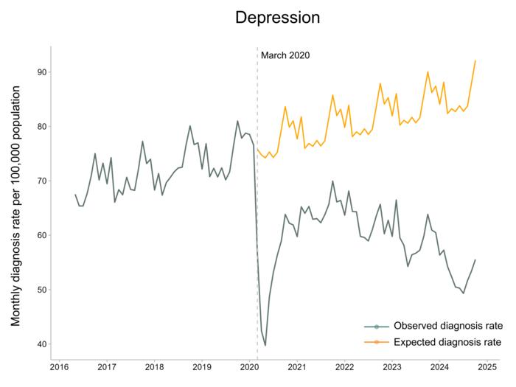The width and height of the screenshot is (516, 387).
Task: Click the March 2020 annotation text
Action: [285, 55]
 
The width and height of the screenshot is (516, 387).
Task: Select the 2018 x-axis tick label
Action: [154, 366]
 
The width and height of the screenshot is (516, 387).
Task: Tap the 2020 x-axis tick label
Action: [249, 366]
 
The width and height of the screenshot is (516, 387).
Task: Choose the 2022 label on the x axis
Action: [344, 366]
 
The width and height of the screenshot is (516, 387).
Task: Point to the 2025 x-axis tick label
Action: [487, 366]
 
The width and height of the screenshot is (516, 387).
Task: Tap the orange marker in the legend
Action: [377, 342]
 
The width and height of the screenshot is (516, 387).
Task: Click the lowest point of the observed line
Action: [265, 345]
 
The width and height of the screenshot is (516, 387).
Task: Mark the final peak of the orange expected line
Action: [475, 60]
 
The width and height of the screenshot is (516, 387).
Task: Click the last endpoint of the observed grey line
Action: [475, 259]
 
